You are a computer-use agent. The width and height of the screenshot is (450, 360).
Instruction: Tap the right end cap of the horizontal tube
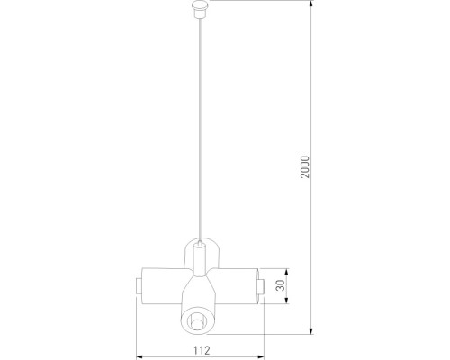(259, 286)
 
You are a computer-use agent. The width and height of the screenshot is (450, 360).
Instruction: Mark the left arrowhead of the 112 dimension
(139, 337)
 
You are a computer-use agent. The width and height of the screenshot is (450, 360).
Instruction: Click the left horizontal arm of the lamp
(162, 286)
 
